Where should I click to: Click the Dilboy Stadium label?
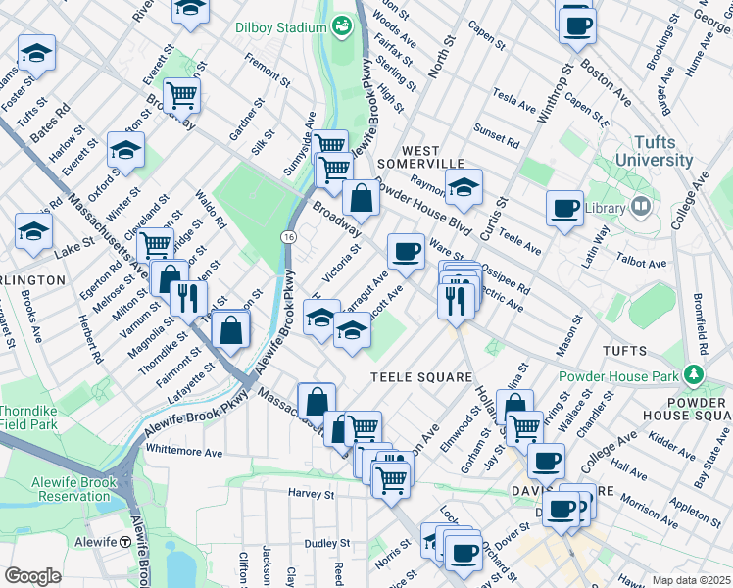(281, 27)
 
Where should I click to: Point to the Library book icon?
(641, 207)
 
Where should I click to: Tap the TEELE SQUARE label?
(413, 375)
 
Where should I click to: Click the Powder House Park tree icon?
(694, 375)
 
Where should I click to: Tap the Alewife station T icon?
(125, 542)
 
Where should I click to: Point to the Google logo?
(32, 576)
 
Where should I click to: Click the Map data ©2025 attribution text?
(691, 580)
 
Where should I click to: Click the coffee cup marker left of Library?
(565, 207)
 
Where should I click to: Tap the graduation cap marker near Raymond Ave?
(464, 185)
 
